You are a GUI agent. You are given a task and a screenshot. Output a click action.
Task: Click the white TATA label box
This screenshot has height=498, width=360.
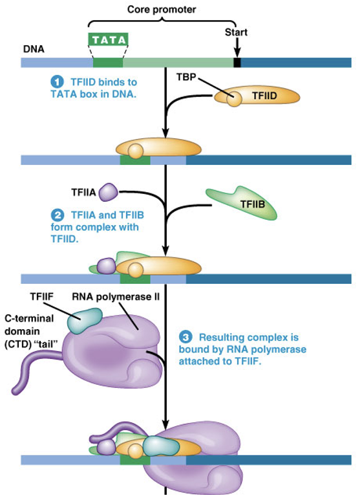click(x=108, y=40)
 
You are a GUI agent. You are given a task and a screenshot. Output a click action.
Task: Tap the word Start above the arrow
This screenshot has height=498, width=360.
click(x=237, y=32)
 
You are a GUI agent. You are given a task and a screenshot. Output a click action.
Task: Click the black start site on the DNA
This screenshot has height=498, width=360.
click(x=237, y=63)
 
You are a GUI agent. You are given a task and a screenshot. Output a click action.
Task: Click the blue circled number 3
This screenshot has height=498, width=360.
click(x=185, y=338)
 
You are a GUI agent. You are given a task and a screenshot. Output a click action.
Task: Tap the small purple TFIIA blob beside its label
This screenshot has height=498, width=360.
click(x=109, y=191)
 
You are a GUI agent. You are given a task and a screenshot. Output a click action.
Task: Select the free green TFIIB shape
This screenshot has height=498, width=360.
click(x=242, y=202)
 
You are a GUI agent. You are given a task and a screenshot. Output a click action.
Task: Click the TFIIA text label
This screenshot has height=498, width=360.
click(x=83, y=191)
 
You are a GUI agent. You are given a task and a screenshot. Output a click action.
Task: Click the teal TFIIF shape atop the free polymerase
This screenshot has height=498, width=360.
click(x=87, y=318)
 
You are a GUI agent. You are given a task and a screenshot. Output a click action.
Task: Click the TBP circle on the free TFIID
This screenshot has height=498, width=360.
click(x=233, y=99)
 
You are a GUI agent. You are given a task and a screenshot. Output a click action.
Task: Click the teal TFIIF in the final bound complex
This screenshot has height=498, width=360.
click(x=158, y=444)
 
